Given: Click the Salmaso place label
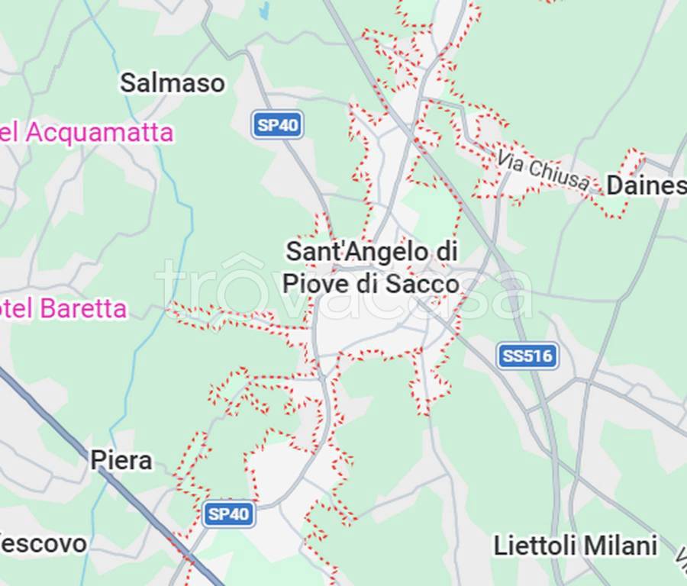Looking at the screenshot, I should pyautogui.click(x=173, y=83).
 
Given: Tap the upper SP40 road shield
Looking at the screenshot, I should pyautogui.click(x=278, y=124).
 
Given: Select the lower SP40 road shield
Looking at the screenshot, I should pyautogui.click(x=229, y=514).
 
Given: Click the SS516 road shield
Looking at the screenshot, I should pyautogui.click(x=527, y=356).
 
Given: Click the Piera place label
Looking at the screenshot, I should pyautogui.click(x=121, y=461).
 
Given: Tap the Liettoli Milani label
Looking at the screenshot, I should pyautogui.click(x=575, y=546).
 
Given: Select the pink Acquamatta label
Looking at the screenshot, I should pyautogui.click(x=86, y=133).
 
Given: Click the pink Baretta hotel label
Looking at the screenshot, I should pyautogui.click(x=63, y=309).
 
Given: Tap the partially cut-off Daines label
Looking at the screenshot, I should pyautogui.click(x=646, y=185).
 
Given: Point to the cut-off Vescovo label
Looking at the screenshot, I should pyautogui.click(x=43, y=544).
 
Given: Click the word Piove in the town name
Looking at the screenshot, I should pyautogui.click(x=309, y=284).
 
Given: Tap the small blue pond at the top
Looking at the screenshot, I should pyautogui.click(x=265, y=11).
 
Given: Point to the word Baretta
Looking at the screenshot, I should pyautogui.click(x=83, y=309).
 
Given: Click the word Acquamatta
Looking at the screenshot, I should pyautogui.click(x=99, y=133).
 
